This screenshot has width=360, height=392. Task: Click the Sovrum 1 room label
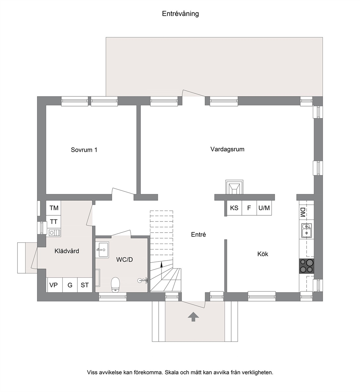click(84, 150)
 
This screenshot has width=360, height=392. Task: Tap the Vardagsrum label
click(227, 149)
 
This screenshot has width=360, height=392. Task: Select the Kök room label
click(263, 254)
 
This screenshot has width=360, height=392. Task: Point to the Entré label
click(199, 234)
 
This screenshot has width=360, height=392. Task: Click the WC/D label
click(124, 259)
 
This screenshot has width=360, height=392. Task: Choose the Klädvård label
click(67, 251)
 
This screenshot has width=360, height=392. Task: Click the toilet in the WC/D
click(116, 284)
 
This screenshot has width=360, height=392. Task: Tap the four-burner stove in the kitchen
click(307, 266)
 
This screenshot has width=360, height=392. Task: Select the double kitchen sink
click(306, 230)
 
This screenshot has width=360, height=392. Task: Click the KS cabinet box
click(234, 208)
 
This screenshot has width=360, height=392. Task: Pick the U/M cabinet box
click(264, 208)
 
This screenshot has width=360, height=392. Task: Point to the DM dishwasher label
click(303, 212)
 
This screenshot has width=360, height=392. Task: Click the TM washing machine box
click(54, 208)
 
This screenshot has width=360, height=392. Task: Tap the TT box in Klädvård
click(54, 222)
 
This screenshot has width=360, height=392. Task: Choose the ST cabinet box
click(85, 285)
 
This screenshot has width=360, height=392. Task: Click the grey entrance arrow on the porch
click(193, 317)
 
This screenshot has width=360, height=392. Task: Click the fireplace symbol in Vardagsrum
click(234, 187)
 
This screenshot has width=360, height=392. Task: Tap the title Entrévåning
click(180, 13)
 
